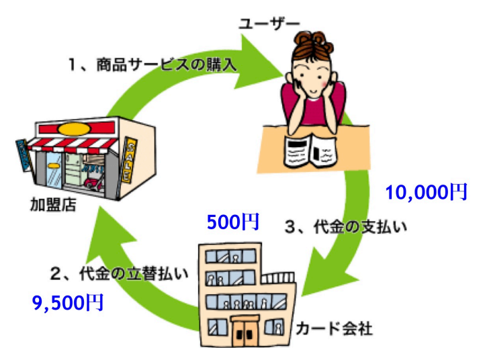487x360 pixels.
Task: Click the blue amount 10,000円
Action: [x=425, y=193]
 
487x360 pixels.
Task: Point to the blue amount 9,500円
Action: [x=67, y=303]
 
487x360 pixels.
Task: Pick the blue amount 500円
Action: [x=232, y=222]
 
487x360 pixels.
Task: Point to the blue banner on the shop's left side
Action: [x=23, y=157]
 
